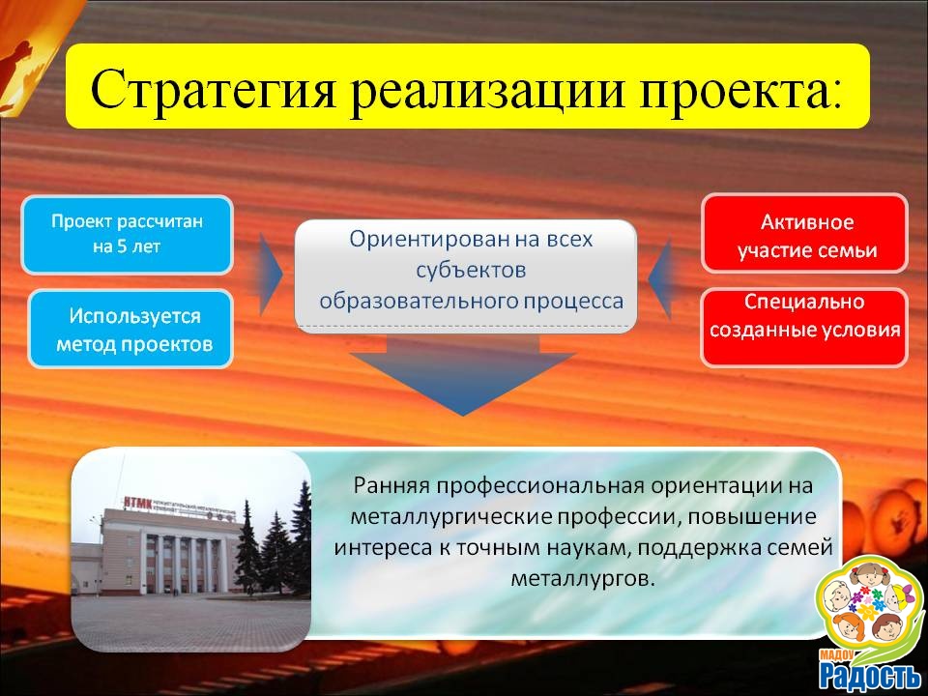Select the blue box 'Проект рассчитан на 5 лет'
click(x=128, y=234)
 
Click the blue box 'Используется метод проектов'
click(x=130, y=329)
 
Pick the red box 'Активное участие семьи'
click(x=804, y=234)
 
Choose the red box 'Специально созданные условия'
click(x=804, y=328)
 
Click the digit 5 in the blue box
click(x=122, y=246)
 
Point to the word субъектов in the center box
click(x=471, y=271)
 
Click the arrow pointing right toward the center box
click(x=271, y=275)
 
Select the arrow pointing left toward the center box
click(x=659, y=278)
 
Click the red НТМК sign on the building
click(x=139, y=504)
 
